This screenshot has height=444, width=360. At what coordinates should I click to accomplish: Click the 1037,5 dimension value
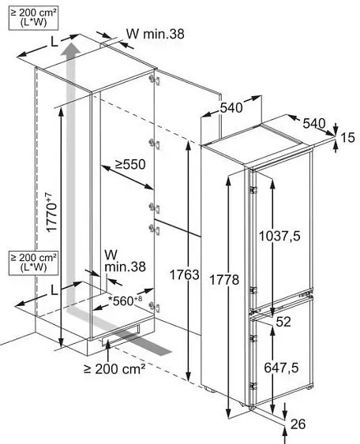(279, 236)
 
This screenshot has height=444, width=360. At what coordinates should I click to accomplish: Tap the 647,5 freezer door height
(281, 368)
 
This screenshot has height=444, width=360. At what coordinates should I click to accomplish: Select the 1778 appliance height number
(224, 280)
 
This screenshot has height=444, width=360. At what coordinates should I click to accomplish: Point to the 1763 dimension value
(185, 274)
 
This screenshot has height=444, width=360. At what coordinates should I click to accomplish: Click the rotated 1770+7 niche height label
(51, 212)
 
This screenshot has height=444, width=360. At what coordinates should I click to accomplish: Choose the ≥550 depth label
(130, 164)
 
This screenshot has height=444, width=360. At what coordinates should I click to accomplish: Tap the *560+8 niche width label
(125, 300)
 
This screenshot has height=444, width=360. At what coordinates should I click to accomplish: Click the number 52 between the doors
(283, 322)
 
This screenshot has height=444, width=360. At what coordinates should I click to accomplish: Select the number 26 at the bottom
(298, 424)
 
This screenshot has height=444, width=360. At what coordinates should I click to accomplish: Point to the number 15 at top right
(347, 138)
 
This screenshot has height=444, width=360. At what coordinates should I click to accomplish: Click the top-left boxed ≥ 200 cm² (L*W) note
(33, 17)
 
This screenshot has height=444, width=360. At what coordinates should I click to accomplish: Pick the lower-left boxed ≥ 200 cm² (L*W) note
(33, 263)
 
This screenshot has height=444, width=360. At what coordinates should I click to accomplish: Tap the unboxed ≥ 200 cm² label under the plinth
(114, 368)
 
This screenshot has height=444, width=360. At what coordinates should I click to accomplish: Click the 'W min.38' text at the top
(155, 34)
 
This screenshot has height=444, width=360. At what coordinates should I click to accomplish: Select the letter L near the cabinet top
(54, 43)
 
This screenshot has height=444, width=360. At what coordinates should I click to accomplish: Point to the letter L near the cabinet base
(54, 290)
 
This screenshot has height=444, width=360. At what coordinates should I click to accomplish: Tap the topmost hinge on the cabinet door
(155, 80)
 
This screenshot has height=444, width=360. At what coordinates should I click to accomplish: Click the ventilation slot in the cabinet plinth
(121, 336)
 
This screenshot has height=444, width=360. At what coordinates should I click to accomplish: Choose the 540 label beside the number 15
(314, 123)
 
